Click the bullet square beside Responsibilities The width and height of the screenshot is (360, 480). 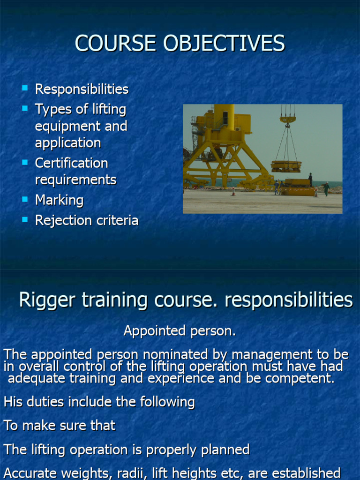[25, 88]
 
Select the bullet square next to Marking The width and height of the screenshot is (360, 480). [25, 199]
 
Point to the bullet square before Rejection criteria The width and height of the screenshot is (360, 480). [25, 219]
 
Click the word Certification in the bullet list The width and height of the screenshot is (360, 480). [71, 163]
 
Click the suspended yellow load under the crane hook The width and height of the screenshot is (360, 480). [286, 166]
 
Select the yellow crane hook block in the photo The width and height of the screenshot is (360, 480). [288, 119]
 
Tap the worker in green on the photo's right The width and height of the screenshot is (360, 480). [326, 188]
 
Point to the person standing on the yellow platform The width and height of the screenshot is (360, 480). [310, 179]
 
